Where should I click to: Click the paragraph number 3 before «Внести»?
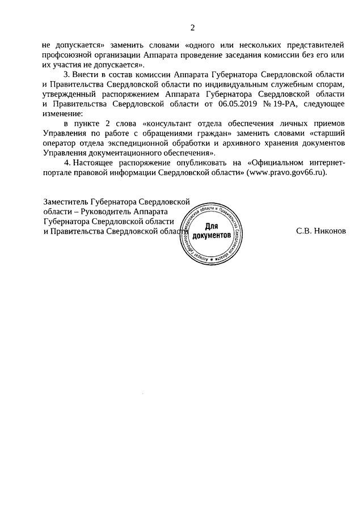coord(66,75)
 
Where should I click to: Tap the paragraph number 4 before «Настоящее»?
coord(66,163)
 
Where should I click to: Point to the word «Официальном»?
coord(281,163)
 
